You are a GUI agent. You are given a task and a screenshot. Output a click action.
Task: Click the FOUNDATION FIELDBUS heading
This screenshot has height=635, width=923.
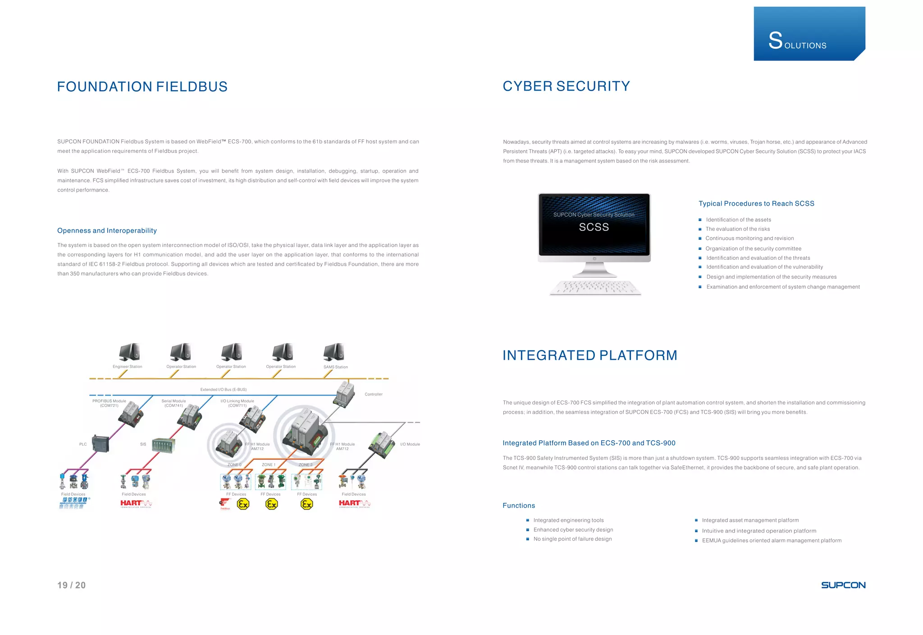click(142, 87)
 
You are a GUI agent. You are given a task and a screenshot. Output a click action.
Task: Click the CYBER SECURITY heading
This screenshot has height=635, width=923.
click(566, 86)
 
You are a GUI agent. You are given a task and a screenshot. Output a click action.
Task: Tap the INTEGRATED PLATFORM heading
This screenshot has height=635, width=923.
click(589, 355)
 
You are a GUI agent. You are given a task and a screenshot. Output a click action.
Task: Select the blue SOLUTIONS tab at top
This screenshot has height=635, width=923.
click(809, 34)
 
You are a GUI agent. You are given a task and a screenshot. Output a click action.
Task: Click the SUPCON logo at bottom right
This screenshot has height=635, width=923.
click(843, 585)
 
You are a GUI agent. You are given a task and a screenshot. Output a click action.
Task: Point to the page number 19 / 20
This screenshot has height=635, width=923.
click(71, 585)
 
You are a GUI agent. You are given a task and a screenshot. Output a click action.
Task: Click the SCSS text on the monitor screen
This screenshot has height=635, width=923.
click(594, 227)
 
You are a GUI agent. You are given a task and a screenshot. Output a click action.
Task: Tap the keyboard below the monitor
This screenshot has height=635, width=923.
click(595, 288)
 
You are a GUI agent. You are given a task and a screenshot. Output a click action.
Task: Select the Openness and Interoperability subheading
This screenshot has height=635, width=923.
click(107, 230)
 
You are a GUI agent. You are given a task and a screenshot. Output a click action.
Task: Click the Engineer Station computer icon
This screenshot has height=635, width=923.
click(129, 352)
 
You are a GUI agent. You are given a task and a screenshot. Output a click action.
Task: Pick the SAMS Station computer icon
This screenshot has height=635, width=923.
click(334, 352)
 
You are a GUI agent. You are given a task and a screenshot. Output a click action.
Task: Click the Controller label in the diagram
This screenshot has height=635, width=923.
click(373, 394)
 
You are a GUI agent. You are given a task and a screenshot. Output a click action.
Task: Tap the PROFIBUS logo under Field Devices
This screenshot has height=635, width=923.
click(74, 503)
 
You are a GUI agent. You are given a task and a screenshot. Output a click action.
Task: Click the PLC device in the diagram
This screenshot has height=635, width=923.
click(100, 444)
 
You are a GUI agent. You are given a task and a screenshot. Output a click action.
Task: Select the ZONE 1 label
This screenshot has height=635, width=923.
click(268, 465)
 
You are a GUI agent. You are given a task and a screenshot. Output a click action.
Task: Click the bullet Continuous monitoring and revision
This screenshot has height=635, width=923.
click(749, 239)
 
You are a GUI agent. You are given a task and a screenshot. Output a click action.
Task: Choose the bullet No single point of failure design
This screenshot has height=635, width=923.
click(572, 539)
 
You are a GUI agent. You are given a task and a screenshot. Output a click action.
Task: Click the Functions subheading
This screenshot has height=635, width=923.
click(519, 506)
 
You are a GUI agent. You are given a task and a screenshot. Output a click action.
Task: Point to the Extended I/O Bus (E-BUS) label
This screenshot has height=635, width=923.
click(223, 389)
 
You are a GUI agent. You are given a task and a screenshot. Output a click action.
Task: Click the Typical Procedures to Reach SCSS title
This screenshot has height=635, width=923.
click(756, 203)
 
